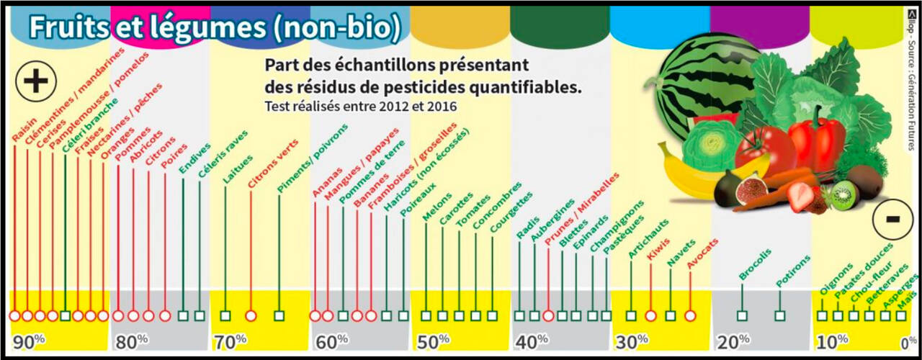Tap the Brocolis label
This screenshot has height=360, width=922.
[755, 264]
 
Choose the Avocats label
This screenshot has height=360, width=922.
[702, 253]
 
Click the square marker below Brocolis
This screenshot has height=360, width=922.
[742, 315]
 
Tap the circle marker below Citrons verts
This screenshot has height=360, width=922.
[251, 315]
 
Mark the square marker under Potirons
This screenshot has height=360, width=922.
[779, 315]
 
